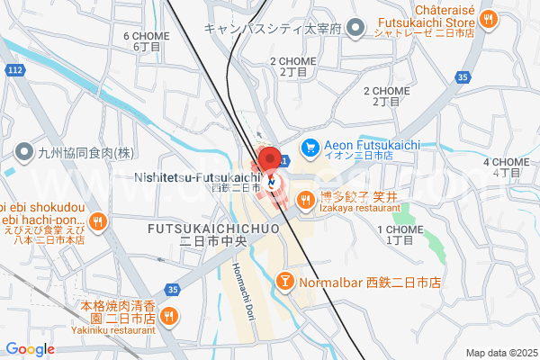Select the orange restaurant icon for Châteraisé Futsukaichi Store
[x=488, y=17]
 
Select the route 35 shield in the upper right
[x=463, y=78]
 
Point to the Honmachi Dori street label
[x=240, y=288]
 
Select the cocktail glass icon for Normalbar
[x=285, y=282]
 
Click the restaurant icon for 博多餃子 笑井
[x=306, y=201]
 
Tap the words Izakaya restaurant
[x=359, y=208]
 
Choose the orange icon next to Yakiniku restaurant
[x=169, y=318]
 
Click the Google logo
[x=30, y=349]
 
